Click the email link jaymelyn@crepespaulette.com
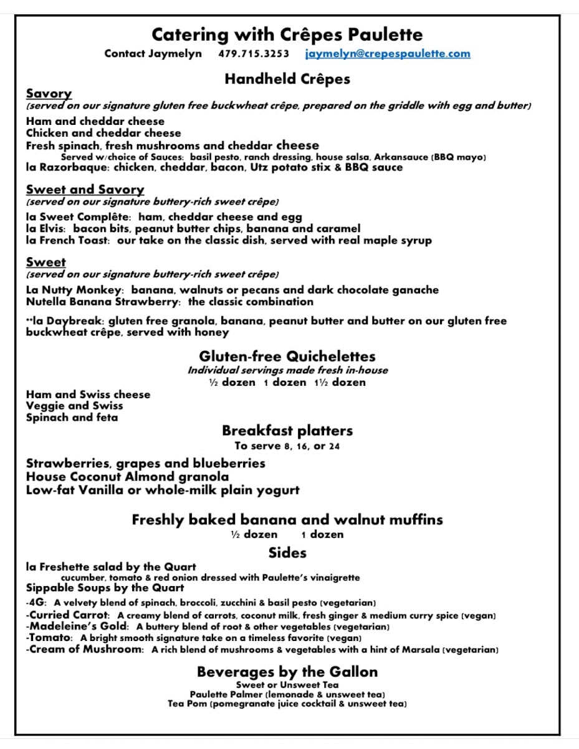point(388,54)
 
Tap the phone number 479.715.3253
point(254,54)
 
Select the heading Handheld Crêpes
point(287,79)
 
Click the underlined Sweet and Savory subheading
point(85,190)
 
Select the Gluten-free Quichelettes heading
point(287,356)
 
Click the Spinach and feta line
point(72,418)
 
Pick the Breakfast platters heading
point(287,431)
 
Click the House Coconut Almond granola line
point(127,477)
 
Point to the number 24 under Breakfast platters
point(333,446)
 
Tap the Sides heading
point(287,552)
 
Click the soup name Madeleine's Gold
point(78,627)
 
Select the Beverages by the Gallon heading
point(287,672)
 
